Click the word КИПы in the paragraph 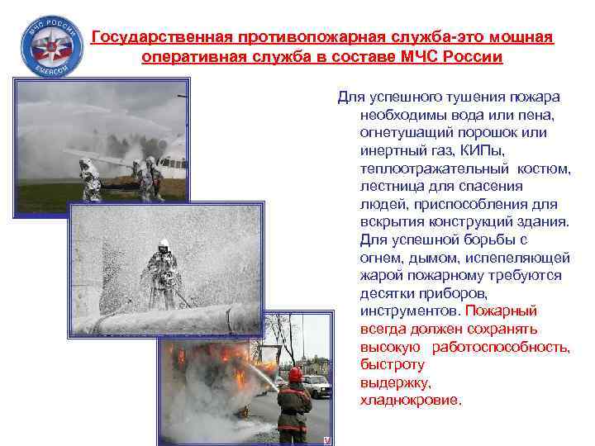pyautogui.click(x=478, y=150)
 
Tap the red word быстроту pyautogui.click(x=393, y=364)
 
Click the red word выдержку pyautogui.click(x=396, y=382)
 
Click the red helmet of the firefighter pyautogui.click(x=295, y=373)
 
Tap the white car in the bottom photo pyautogui.click(x=317, y=383)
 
